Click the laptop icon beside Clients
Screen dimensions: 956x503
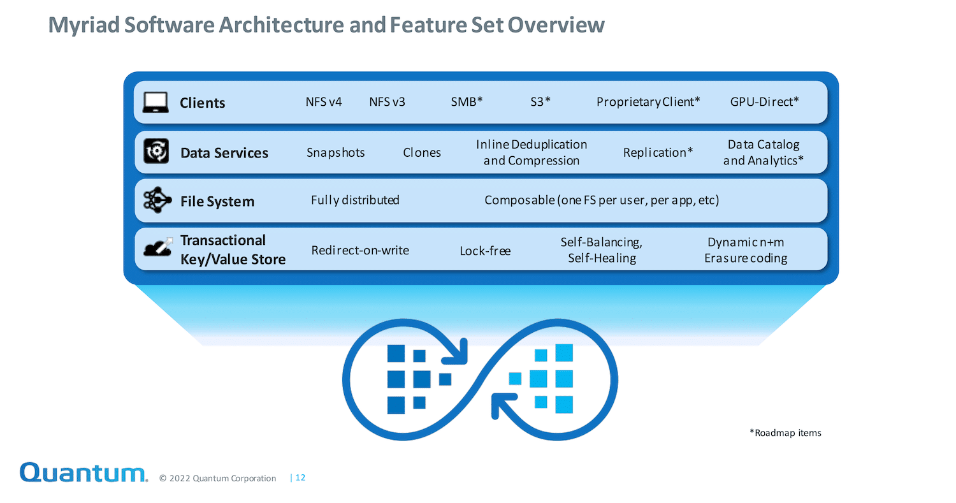(x=156, y=102)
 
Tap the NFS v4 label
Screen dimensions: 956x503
(x=324, y=102)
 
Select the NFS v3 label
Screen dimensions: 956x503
(x=387, y=102)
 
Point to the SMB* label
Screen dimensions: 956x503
(x=467, y=101)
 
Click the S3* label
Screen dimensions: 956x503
(x=540, y=101)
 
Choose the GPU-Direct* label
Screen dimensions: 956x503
(x=764, y=101)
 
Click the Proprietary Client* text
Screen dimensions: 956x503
(x=648, y=102)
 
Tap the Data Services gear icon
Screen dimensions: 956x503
(x=156, y=151)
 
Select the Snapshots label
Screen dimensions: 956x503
(x=335, y=152)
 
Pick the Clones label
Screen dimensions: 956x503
(x=422, y=152)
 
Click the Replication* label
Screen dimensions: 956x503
(x=658, y=152)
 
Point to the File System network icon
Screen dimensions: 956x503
(x=157, y=200)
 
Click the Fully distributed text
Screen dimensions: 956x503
(x=355, y=200)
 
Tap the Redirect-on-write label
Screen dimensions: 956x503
(x=360, y=250)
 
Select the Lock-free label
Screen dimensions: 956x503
(x=485, y=251)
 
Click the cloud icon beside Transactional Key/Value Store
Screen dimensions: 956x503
(x=158, y=247)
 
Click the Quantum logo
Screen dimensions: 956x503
(x=83, y=472)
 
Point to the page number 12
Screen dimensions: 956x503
(x=300, y=477)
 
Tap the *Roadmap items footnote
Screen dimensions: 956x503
(x=785, y=433)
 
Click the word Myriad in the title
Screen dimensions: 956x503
(x=83, y=26)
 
